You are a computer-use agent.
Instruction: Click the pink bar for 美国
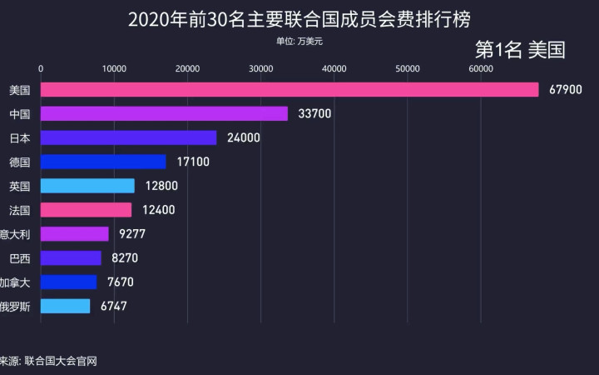click(290, 89)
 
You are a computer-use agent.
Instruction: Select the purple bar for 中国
click(164, 113)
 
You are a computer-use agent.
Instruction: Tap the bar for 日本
click(128, 137)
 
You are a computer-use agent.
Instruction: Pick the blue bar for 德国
click(103, 162)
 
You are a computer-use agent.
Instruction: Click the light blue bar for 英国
click(87, 186)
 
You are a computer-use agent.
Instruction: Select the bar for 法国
click(86, 210)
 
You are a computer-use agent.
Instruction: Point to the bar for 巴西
click(71, 258)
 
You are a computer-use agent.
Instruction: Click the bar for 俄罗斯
click(65, 307)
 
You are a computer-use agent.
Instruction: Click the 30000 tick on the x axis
click(260, 68)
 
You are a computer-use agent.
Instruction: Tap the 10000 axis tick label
click(114, 68)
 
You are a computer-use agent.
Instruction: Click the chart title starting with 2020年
click(299, 18)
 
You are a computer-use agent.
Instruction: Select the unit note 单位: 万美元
click(299, 40)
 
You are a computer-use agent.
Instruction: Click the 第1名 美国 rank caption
click(519, 50)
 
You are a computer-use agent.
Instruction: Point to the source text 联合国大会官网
click(61, 361)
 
